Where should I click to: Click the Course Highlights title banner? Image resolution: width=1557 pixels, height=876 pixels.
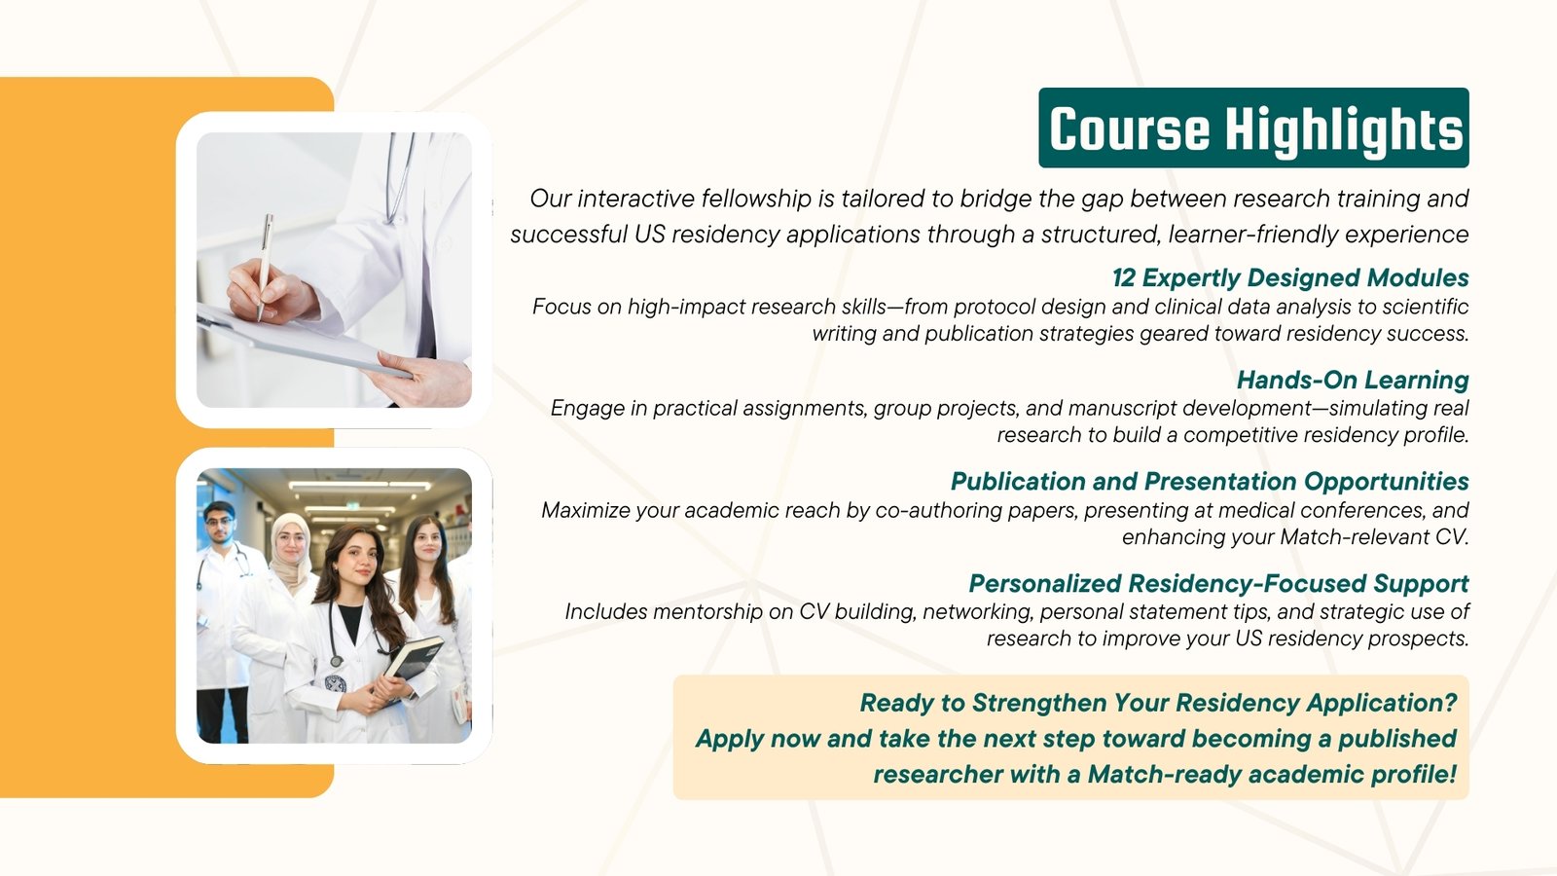coord(1253,128)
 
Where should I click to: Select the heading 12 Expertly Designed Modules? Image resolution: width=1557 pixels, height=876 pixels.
coord(1290,277)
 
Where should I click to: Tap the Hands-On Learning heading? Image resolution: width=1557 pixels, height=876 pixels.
coord(1353,380)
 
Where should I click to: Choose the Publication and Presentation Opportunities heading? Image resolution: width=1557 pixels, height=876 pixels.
coord(1210,481)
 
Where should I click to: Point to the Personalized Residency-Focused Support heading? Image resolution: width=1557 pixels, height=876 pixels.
coord(1218,583)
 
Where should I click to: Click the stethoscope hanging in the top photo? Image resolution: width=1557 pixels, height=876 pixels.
coord(399,177)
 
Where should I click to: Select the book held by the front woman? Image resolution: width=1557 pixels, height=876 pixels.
coord(415,658)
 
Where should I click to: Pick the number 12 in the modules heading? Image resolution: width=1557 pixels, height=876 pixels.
coord(1123,277)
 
